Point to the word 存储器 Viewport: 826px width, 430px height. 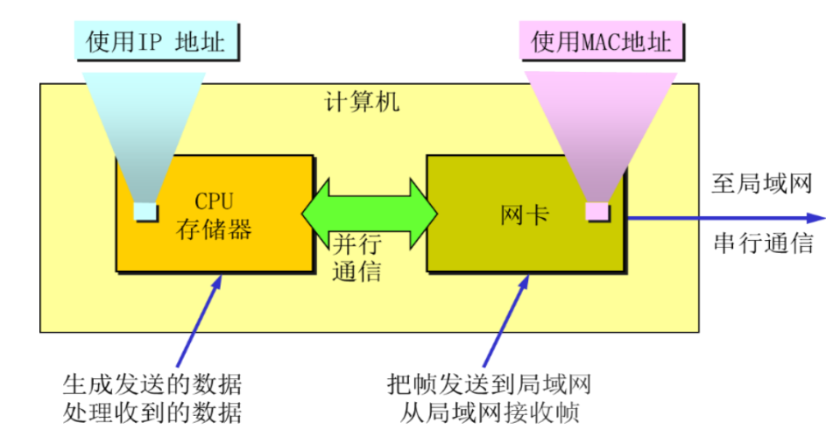pyautogui.click(x=215, y=229)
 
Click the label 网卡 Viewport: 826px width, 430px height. pyautogui.click(x=525, y=214)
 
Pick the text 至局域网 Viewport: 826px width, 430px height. pyautogui.click(x=763, y=185)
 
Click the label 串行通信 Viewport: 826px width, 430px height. pyautogui.click(x=763, y=244)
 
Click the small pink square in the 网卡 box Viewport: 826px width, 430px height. pyautogui.click(x=597, y=211)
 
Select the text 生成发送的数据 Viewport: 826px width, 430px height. pyautogui.click(x=152, y=384)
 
